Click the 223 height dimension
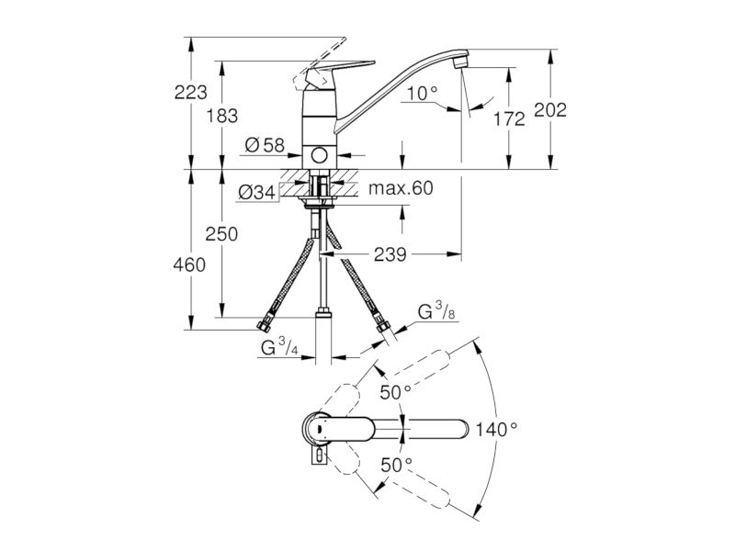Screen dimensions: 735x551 tap(190, 93)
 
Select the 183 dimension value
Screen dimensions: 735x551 tap(222, 116)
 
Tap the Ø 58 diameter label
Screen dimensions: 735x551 tap(265, 146)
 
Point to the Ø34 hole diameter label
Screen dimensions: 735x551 tap(257, 192)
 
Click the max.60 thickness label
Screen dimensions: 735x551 tap(401, 188)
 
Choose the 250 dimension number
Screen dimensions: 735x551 tap(221, 234)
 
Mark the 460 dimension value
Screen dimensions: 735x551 tap(189, 265)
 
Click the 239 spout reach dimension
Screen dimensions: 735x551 tap(390, 255)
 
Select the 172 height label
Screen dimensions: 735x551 tap(509, 119)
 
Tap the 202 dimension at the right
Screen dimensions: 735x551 tap(550, 110)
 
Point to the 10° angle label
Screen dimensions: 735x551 tap(422, 94)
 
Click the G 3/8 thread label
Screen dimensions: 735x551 tap(435, 310)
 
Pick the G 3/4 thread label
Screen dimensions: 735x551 tap(279, 347)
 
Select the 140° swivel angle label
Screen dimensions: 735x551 tap(496, 429)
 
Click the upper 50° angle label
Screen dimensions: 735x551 tap(395, 393)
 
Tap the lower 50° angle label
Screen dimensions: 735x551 tap(396, 466)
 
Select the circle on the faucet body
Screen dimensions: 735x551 tap(320, 155)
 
